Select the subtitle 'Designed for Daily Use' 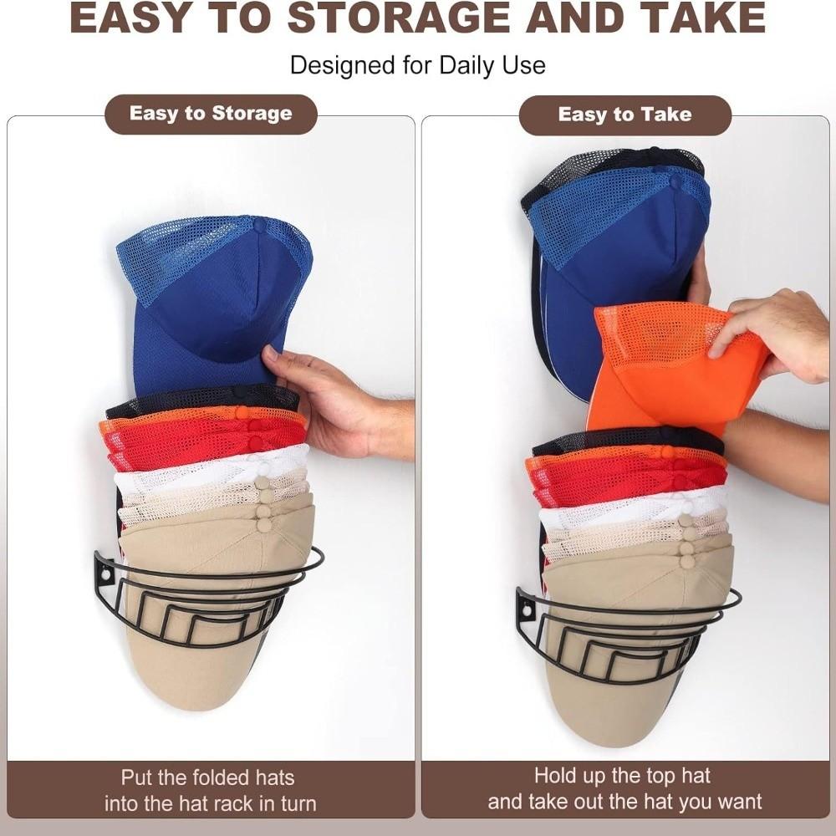pyautogui.click(x=417, y=65)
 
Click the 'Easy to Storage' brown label pyautogui.click(x=211, y=114)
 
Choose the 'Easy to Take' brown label pyautogui.click(x=624, y=115)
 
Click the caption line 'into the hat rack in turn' pyautogui.click(x=210, y=804)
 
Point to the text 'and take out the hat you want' pyautogui.click(x=624, y=803)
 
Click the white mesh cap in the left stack pyautogui.click(x=209, y=468)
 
